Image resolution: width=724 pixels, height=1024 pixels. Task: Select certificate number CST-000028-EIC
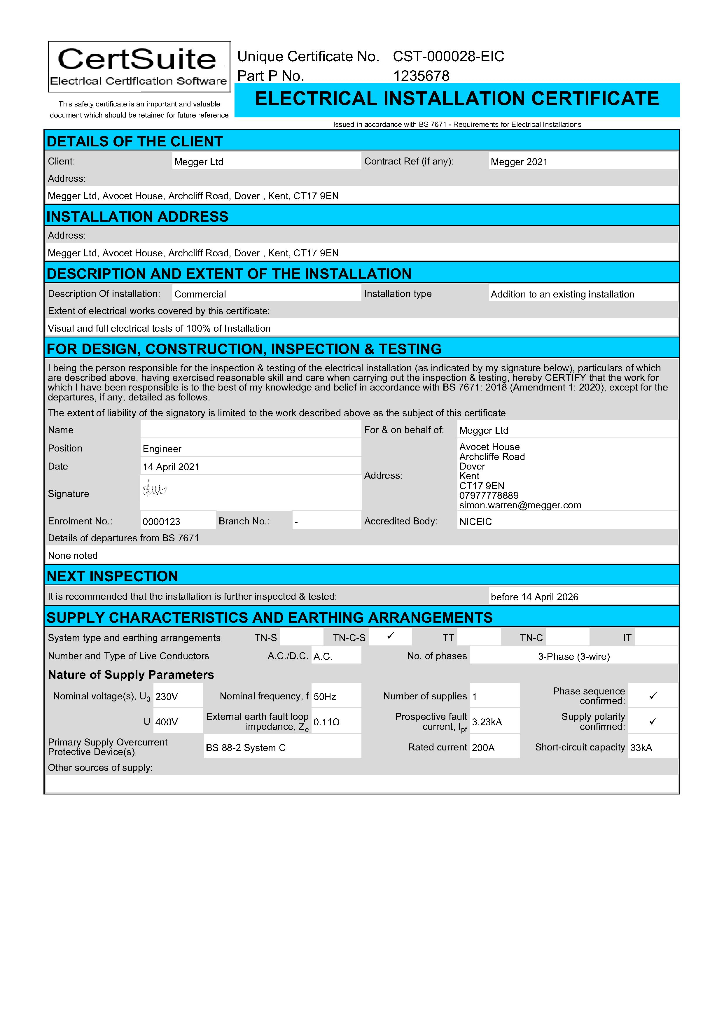[x=448, y=57]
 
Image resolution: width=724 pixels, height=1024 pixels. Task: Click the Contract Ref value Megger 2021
[x=519, y=162]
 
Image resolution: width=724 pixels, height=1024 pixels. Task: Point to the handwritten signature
[x=154, y=491]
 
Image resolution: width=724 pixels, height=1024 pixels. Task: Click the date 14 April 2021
[x=171, y=467]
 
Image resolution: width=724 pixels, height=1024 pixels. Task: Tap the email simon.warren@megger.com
[x=520, y=505]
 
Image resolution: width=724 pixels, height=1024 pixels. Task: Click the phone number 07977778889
[x=489, y=496]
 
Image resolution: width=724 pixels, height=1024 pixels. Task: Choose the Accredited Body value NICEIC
[x=475, y=521]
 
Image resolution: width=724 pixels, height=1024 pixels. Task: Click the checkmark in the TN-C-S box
[x=390, y=636]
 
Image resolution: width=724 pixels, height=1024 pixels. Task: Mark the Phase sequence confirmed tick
[x=653, y=696]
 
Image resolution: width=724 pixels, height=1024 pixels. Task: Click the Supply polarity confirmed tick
[x=653, y=721]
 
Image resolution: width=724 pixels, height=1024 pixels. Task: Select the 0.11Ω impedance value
[x=326, y=722]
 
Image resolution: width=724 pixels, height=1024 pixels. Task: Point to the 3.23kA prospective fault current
[x=487, y=722]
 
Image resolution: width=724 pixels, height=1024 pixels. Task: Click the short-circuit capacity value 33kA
[x=641, y=748]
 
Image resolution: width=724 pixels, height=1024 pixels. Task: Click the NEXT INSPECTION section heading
[x=112, y=576]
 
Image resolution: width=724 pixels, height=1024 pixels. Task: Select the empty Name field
[x=250, y=430]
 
